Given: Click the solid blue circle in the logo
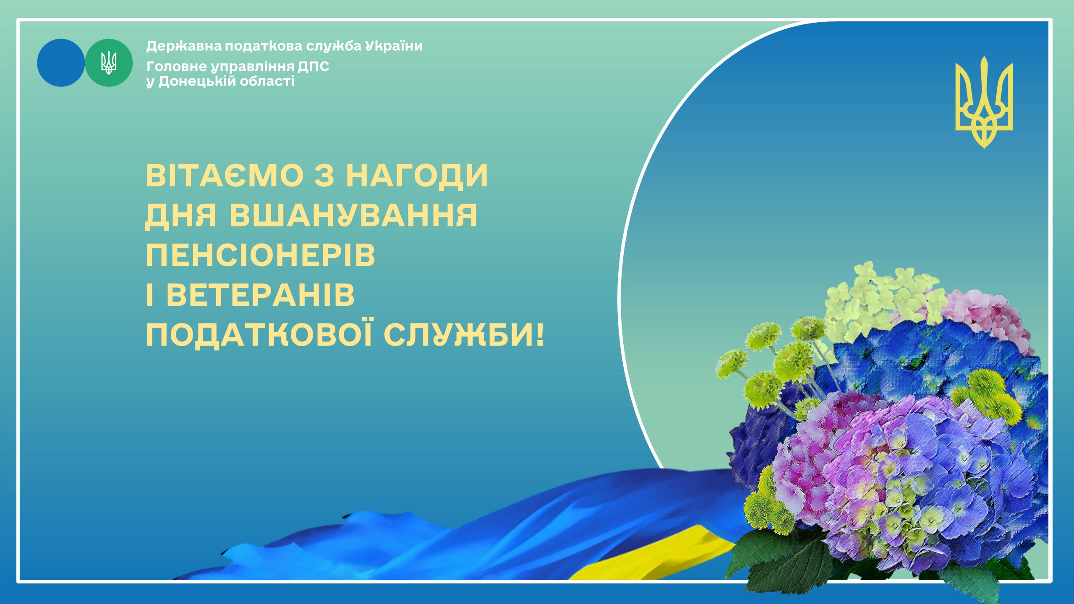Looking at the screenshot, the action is [x=61, y=63].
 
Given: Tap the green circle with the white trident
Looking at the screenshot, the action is [x=109, y=63].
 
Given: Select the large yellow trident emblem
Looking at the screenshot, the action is [x=984, y=102].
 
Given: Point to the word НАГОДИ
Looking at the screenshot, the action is [x=417, y=175].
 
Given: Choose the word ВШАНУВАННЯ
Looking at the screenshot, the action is [x=353, y=215].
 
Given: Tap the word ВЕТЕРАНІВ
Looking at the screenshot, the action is [x=261, y=295].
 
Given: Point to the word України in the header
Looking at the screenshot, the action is [x=394, y=46].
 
